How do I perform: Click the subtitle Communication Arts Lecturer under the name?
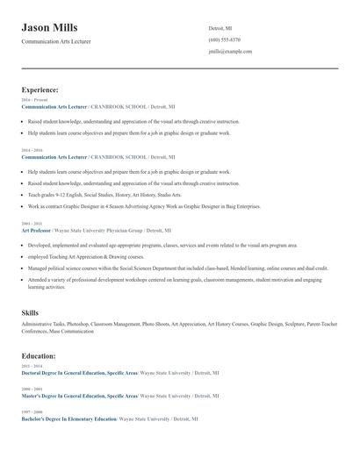[56, 41]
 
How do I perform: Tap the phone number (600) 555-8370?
[224, 39]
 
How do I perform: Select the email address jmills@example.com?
[230, 52]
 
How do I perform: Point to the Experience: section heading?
[40, 89]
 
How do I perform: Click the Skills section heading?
[30, 312]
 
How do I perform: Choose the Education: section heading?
[39, 356]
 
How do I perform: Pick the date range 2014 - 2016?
[32, 150]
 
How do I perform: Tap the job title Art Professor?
[37, 230]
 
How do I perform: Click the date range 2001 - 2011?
[32, 224]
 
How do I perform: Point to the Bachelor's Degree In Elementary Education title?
[68, 418]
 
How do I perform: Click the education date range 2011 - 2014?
[32, 366]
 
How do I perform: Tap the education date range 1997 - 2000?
[32, 411]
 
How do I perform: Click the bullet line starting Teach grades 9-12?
[105, 195]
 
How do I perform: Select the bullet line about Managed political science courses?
[176, 268]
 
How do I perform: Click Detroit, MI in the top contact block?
[220, 28]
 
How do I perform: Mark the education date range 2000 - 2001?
[32, 389]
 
